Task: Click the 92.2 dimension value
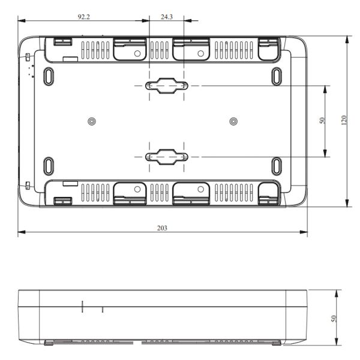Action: pos(83,17)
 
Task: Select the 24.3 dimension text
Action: pos(167,17)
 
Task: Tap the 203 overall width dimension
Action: pos(162,228)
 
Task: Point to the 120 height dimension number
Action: pos(344,121)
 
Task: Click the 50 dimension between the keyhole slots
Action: pos(322,121)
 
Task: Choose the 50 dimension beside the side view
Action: pos(335,318)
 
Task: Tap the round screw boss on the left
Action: pos(91,121)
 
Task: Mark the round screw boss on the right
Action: pos(233,121)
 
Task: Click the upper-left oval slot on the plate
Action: pos(49,76)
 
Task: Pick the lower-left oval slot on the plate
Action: pos(49,166)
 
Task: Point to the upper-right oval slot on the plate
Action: pos(277,76)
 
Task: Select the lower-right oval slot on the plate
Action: pos(277,166)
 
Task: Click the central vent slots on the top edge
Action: pos(160,50)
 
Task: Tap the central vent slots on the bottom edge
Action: pos(160,192)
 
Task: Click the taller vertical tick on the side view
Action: pos(82,306)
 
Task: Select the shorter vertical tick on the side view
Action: pos(102,309)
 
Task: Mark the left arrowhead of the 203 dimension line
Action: pos(20,232)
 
